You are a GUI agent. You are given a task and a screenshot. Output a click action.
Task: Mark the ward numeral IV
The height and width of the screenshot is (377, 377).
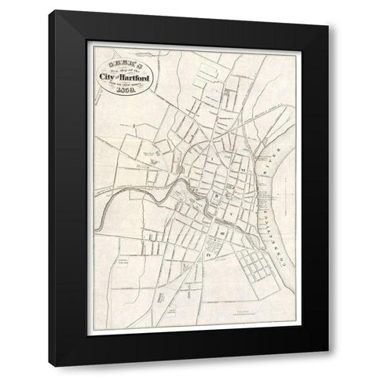(210, 255)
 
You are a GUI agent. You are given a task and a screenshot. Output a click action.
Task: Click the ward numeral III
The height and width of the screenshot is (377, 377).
(222, 233)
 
